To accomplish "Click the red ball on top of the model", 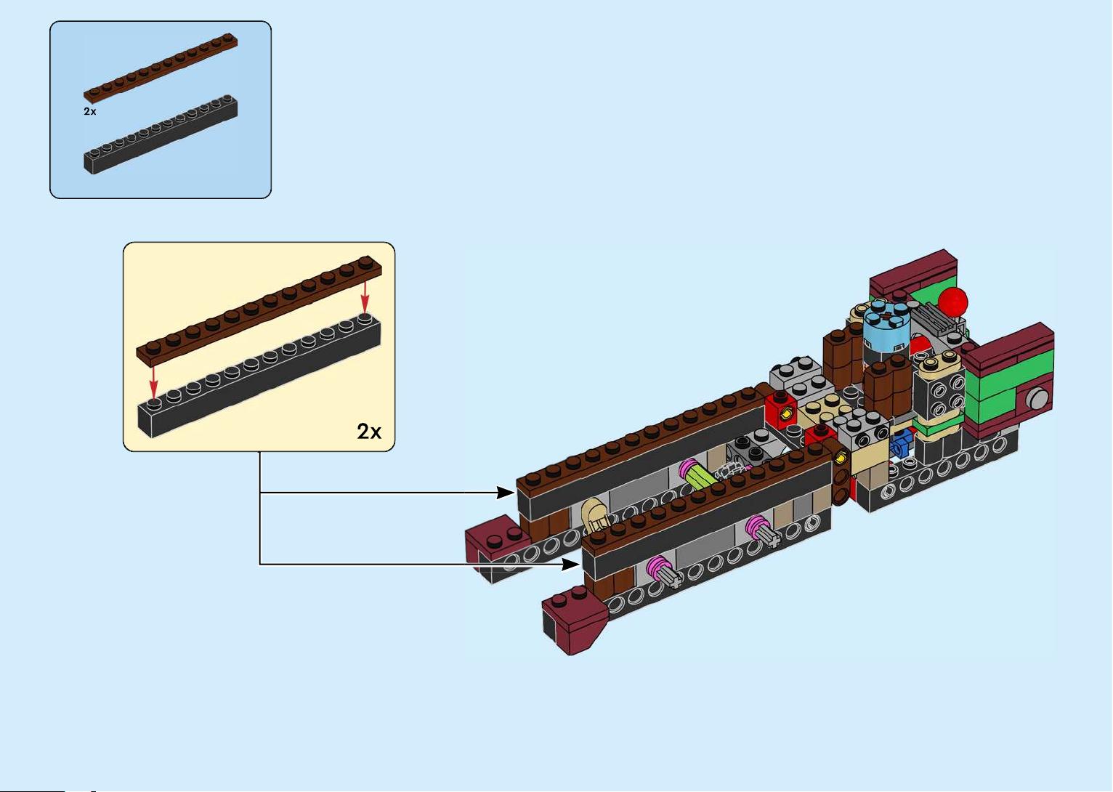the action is tap(952, 301).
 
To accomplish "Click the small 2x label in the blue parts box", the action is tap(90, 111).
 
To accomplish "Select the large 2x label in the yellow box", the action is tap(368, 432).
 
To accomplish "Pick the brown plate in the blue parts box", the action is tap(161, 68).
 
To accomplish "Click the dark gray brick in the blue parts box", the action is tap(161, 134).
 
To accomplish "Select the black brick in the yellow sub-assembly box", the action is tap(259, 376).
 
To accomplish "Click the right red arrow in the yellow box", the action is tap(365, 297).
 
